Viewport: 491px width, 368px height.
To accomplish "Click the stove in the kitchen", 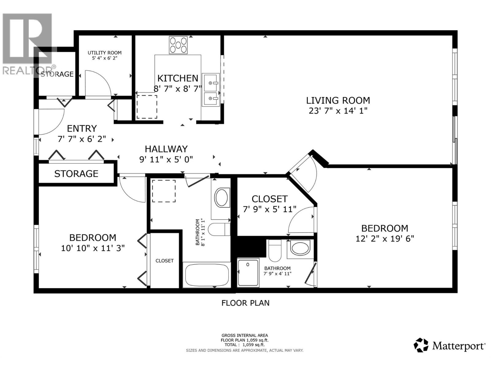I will pos(178,45).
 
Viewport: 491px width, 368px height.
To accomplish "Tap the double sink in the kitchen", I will pos(211,90).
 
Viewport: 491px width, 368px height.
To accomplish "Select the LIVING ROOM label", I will pos(338,100).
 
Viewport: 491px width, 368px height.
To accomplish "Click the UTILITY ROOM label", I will pos(105,53).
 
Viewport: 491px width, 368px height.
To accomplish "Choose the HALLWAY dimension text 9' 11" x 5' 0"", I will pos(166,159).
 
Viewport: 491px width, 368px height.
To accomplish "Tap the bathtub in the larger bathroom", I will pos(207,274).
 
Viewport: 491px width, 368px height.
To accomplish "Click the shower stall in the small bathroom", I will pos(248,273).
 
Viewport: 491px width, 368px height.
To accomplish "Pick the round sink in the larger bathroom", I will pos(222,197).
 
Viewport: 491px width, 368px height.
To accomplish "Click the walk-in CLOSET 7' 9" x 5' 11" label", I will pos(269,199).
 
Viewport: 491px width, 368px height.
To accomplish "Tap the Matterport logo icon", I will pos(421,345).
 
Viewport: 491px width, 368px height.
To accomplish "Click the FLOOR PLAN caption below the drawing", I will pos(245,303).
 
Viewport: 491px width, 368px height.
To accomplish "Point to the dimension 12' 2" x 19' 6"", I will pos(385,239).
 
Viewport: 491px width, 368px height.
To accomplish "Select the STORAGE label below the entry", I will pos(76,174).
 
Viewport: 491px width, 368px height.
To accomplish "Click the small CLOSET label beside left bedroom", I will pos(164,261).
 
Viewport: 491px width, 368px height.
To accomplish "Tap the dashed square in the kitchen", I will pos(147,107).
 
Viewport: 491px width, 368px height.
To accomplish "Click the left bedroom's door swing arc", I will pos(132,190).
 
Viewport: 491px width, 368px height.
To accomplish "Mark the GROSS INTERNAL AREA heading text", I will pos(245,335).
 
